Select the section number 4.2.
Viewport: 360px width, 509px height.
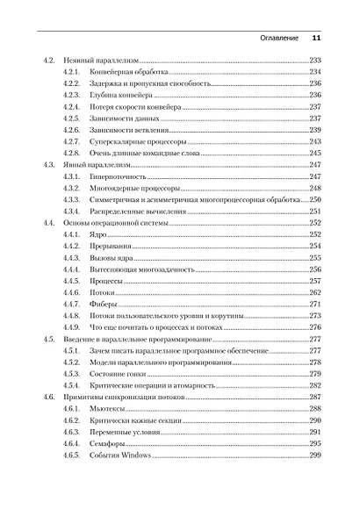pyautogui.click(x=50, y=60)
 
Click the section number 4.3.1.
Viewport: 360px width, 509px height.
pyautogui.click(x=72, y=176)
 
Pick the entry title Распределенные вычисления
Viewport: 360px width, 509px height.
pyautogui.click(x=130, y=211)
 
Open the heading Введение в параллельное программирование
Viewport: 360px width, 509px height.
pyautogui.click(x=131, y=339)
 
